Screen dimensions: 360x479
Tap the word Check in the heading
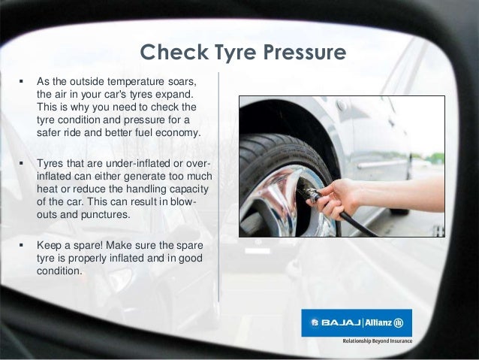(x=173, y=53)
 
